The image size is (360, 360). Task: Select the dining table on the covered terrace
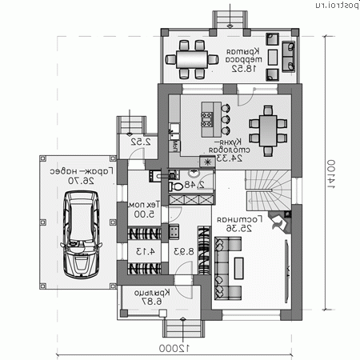(192, 58)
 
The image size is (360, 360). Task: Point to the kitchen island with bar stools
(209, 118)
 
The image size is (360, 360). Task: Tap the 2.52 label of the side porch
(142, 142)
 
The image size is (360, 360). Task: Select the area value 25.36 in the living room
(234, 229)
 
